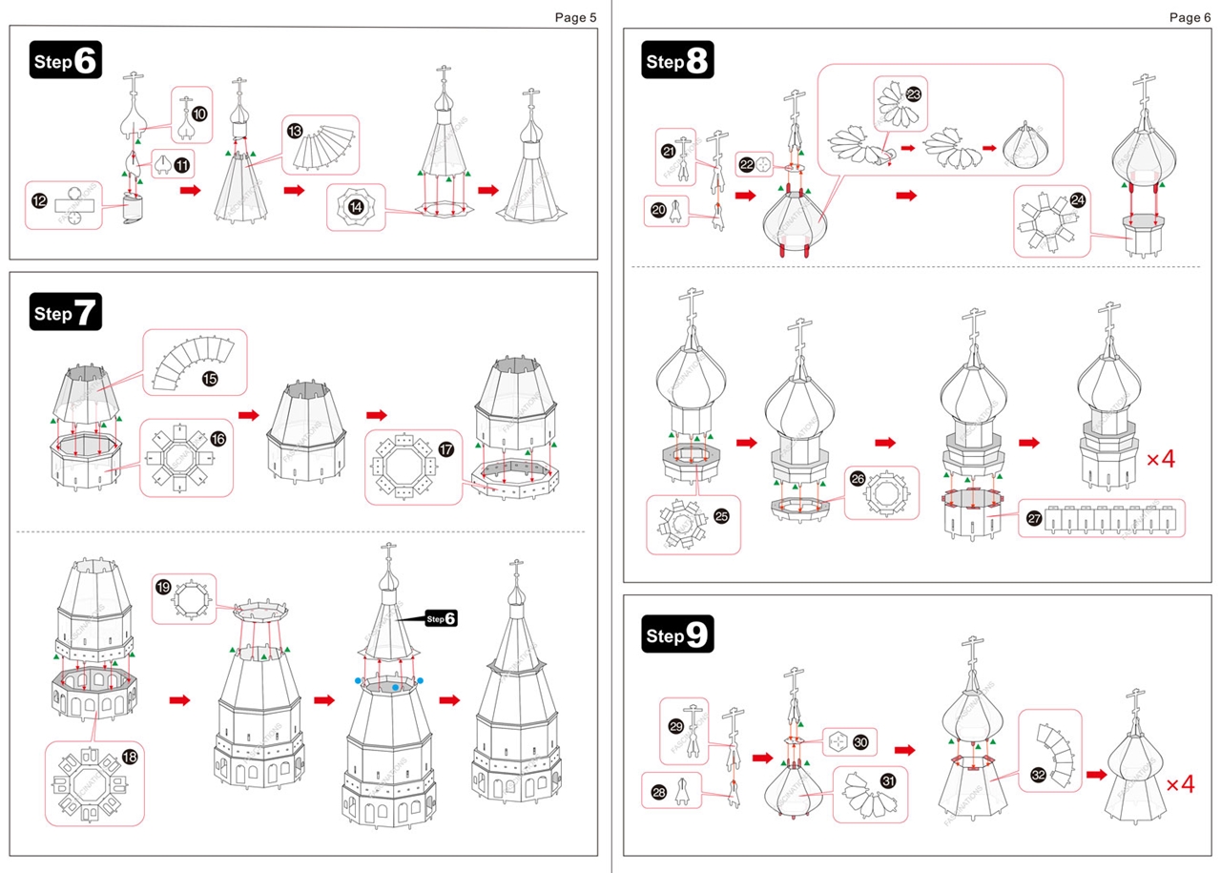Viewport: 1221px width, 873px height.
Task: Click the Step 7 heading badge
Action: coord(65,312)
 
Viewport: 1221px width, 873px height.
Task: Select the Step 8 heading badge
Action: coord(678,61)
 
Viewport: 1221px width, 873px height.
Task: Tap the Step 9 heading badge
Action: coord(678,634)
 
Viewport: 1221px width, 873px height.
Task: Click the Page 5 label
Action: coord(575,18)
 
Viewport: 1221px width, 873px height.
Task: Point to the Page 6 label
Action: coord(1189,18)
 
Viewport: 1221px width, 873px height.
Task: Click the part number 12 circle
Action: coord(39,201)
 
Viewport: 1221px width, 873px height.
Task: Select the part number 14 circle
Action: coord(356,207)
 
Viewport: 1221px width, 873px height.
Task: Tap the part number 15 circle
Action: coord(210,379)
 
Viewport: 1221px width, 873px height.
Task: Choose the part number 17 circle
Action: coord(445,448)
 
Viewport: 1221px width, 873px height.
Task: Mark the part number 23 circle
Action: coord(913,94)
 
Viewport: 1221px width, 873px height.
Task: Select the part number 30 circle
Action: coord(860,741)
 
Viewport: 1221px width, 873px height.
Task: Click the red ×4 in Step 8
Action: coord(1161,459)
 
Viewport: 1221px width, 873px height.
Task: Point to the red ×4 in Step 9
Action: coord(1180,784)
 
